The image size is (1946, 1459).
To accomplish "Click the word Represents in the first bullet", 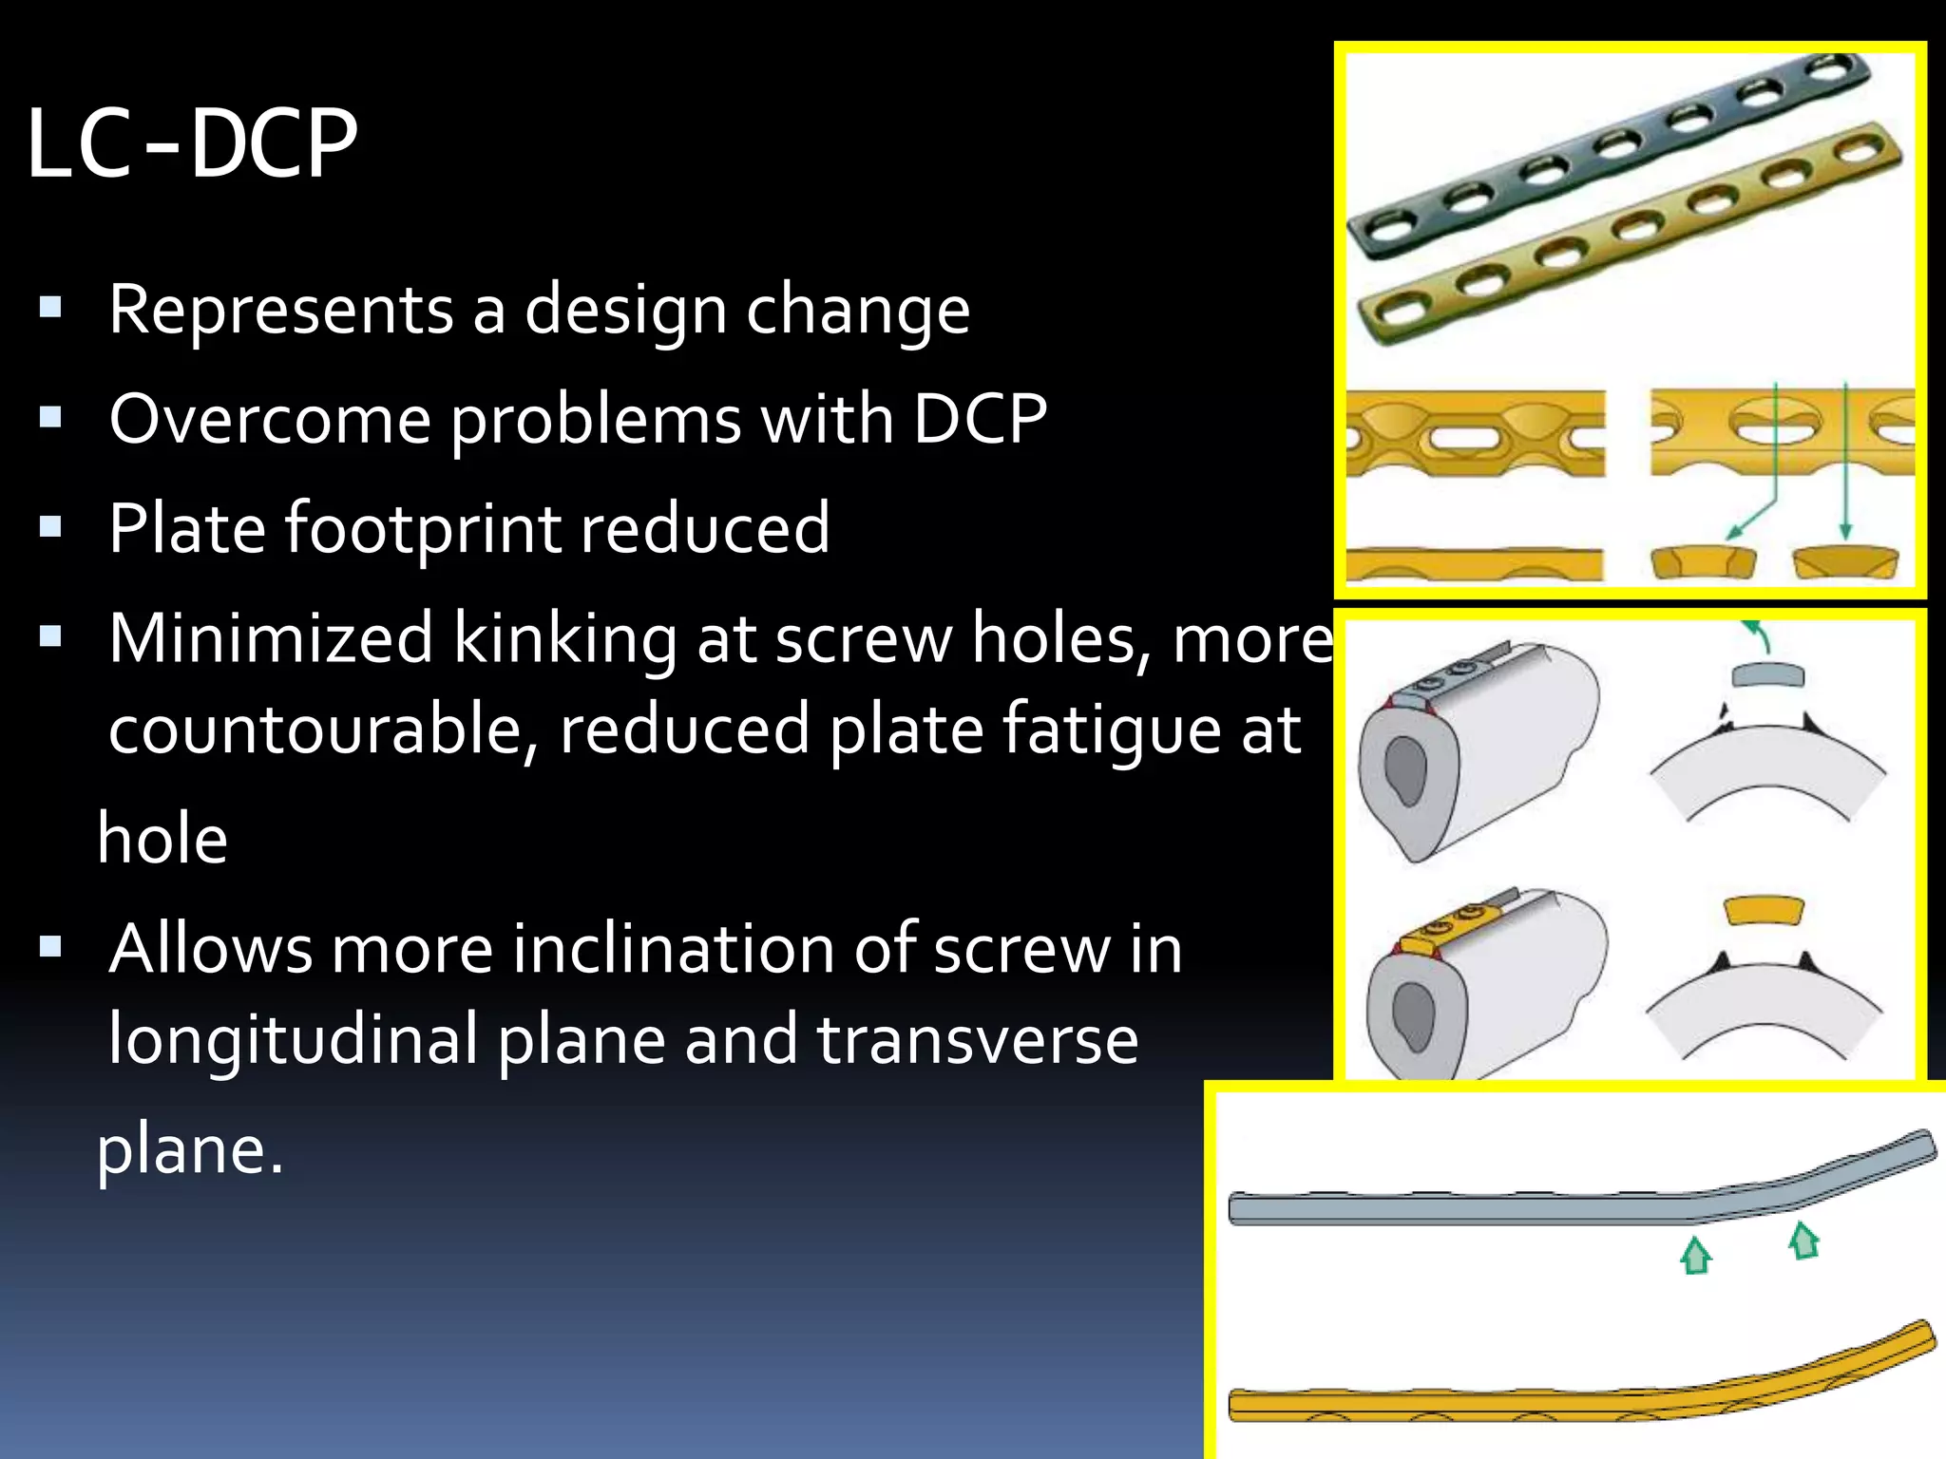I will (x=281, y=310).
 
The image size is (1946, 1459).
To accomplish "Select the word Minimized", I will (x=271, y=638).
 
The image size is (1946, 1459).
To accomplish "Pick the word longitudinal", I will (x=293, y=1039).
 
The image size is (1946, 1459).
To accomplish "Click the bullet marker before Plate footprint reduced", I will (x=50, y=527).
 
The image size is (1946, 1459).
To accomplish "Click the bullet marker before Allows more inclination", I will (x=50, y=946).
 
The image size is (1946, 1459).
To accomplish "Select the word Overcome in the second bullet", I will (x=270, y=419).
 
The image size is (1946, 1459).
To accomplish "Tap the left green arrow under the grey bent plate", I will (x=1696, y=1256).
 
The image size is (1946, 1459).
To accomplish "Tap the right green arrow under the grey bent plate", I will (x=1803, y=1241).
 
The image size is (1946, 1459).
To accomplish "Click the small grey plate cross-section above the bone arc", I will (x=1767, y=676).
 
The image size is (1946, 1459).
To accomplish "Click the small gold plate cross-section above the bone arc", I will (x=1764, y=910).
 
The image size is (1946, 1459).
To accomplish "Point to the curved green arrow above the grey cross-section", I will (x=1758, y=635).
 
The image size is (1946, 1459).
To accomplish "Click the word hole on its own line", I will (x=162, y=840).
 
